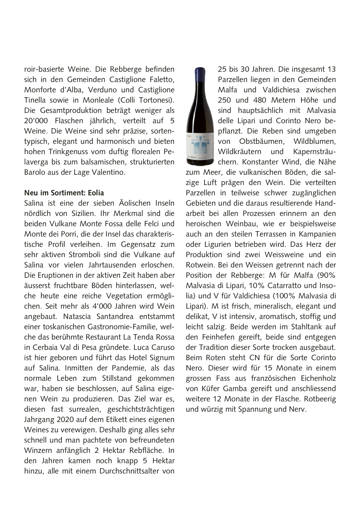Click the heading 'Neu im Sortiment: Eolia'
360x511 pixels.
[64, 193]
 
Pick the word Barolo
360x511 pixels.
[36, 172]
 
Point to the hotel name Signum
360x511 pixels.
[161, 358]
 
